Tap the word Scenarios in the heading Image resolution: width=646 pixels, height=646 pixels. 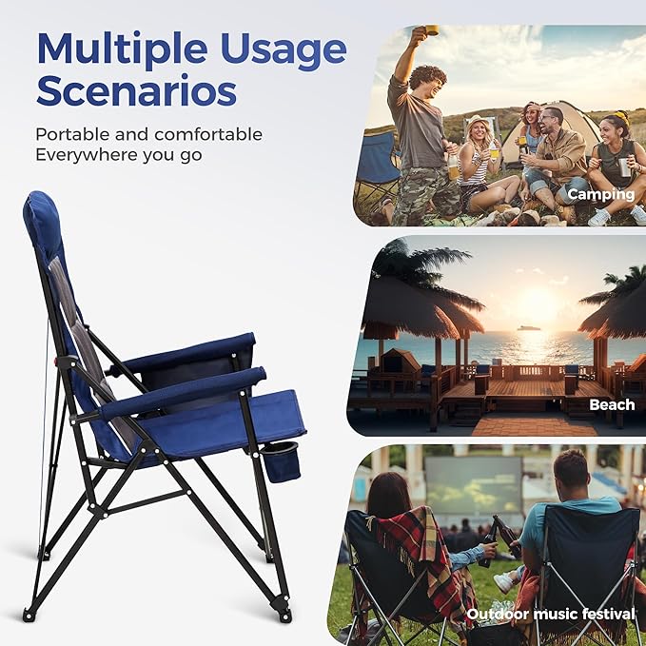(136, 91)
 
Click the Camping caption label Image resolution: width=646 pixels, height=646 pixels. (600, 194)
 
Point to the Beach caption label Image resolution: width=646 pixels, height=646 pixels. (612, 404)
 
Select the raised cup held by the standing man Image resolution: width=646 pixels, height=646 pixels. (432, 30)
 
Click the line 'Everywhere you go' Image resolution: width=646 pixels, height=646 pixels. (119, 155)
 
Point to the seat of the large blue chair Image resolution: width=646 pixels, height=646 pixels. (228, 423)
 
